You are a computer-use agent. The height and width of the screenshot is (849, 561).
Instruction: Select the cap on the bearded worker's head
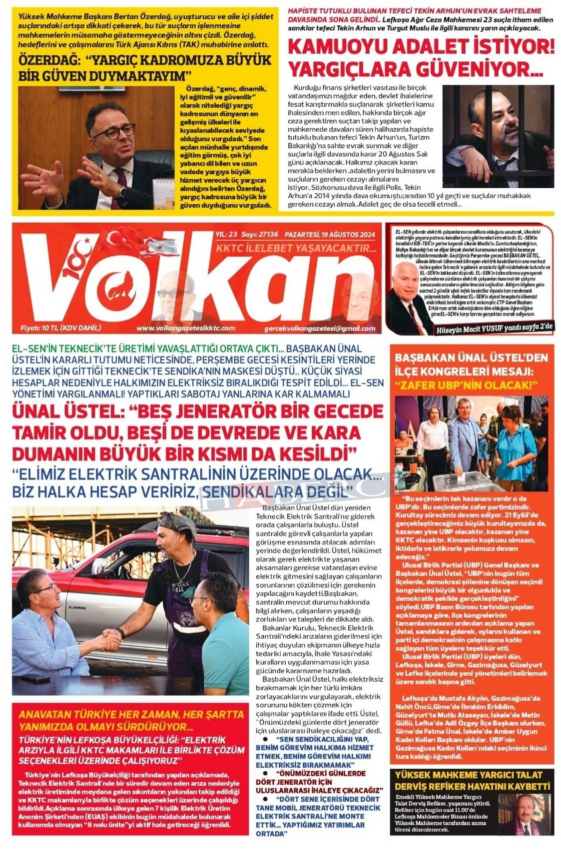(x=176, y=524)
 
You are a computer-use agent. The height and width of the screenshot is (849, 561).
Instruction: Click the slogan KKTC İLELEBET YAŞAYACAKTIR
(x=296, y=248)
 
